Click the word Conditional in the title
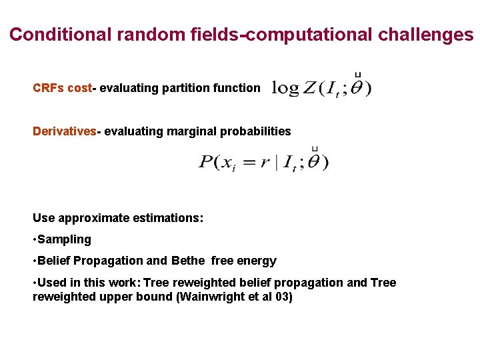click(61, 35)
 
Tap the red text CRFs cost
click(62, 88)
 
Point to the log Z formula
click(321, 87)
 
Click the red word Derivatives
click(65, 131)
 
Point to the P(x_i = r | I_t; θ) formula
click(263, 161)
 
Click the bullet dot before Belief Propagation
click(35, 261)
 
